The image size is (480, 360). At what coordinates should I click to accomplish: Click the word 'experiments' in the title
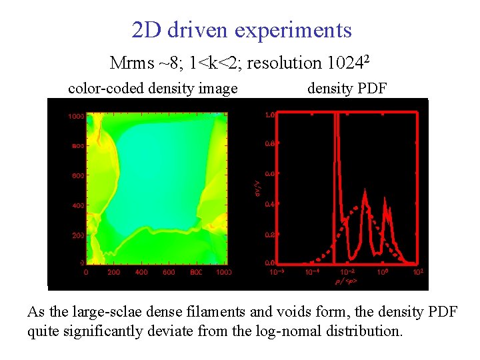pos(297,30)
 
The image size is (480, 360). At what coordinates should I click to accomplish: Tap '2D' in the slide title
pos(145,30)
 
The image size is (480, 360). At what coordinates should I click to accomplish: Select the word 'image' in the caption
pos(217,89)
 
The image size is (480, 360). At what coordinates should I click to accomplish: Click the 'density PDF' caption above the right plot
pos(347,89)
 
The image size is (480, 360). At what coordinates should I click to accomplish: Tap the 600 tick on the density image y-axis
pos(75,176)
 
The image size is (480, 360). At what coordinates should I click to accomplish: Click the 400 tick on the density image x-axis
pos(141,272)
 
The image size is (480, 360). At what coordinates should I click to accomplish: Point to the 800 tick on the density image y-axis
pos(75,146)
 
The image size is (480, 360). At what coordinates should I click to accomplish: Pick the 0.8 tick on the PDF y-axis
pos(269,143)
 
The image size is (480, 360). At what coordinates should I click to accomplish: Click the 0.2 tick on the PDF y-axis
pos(269,235)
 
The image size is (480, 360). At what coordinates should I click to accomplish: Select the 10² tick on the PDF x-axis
pos(418,272)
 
